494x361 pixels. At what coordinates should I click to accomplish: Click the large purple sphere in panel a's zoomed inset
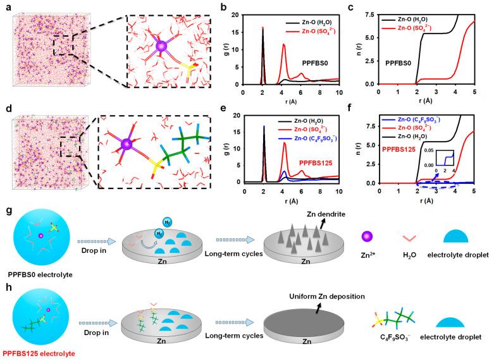161,46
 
